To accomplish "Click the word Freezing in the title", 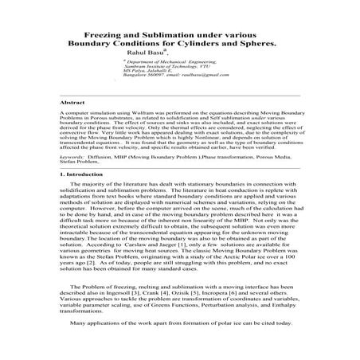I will pos(104,37).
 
